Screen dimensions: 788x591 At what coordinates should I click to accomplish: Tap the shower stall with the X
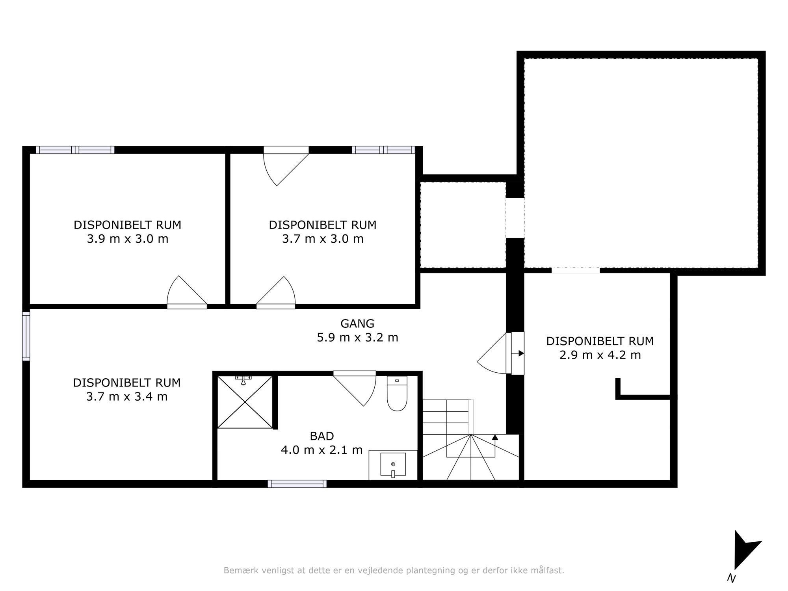[245, 402]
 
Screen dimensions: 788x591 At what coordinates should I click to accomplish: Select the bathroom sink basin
[393, 465]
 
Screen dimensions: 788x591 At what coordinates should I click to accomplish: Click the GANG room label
[357, 323]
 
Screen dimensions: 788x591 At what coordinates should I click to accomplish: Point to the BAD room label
[322, 436]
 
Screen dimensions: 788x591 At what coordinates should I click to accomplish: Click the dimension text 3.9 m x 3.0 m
[128, 239]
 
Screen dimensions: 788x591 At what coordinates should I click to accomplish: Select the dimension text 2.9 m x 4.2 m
[600, 355]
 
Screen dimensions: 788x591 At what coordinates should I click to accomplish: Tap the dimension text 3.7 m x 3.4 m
[127, 396]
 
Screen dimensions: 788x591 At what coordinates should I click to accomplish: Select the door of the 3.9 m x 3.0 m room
[187, 292]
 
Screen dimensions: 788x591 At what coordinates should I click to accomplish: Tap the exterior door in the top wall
[286, 165]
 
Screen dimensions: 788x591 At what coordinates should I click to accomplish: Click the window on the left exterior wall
[26, 336]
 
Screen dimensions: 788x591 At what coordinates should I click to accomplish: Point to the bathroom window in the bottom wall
[297, 484]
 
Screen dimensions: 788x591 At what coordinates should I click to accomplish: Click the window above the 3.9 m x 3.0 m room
[75, 150]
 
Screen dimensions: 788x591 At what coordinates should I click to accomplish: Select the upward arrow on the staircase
[495, 437]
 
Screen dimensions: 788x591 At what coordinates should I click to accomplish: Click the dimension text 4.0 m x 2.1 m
[322, 450]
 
